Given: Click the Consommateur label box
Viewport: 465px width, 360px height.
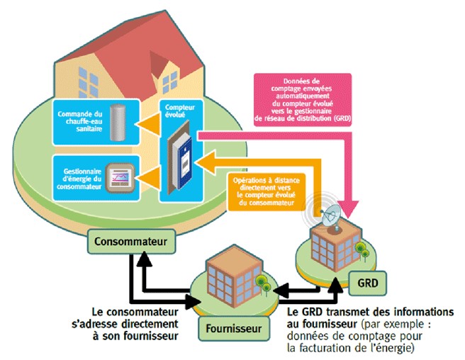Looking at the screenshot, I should point(129,242).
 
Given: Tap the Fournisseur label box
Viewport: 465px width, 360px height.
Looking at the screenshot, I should point(234,328).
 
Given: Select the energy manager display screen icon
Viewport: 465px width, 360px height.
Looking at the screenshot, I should point(116,174).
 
